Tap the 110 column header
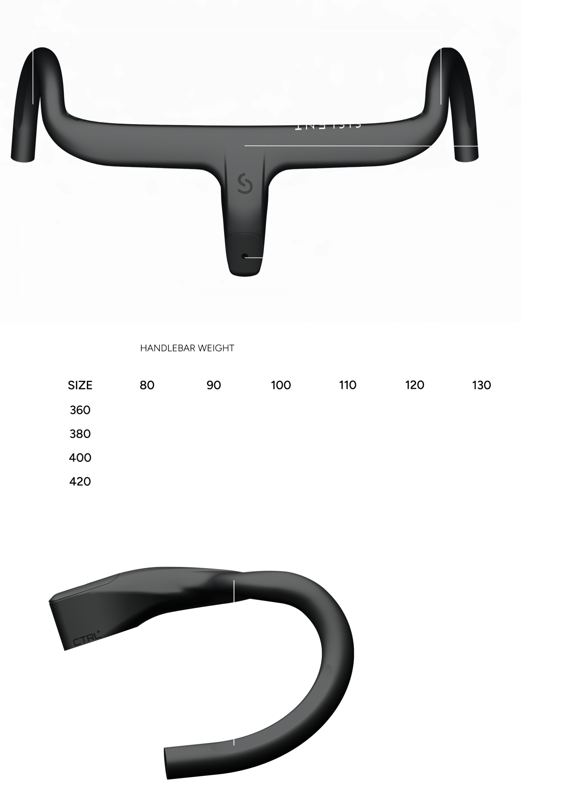(347, 385)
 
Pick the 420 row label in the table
(80, 481)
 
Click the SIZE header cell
(80, 385)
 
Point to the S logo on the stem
(245, 183)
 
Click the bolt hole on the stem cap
(244, 256)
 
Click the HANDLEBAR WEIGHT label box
(187, 348)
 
